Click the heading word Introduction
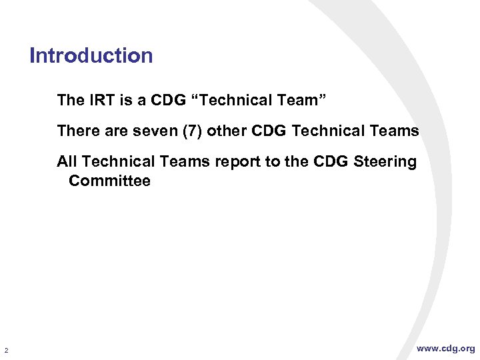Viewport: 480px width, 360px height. click(x=91, y=55)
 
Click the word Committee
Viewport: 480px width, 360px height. click(x=109, y=181)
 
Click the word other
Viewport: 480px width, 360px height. click(x=225, y=131)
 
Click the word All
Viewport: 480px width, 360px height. click(x=67, y=161)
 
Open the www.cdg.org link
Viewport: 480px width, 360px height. click(x=445, y=349)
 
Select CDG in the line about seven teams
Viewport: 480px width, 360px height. click(x=269, y=131)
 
